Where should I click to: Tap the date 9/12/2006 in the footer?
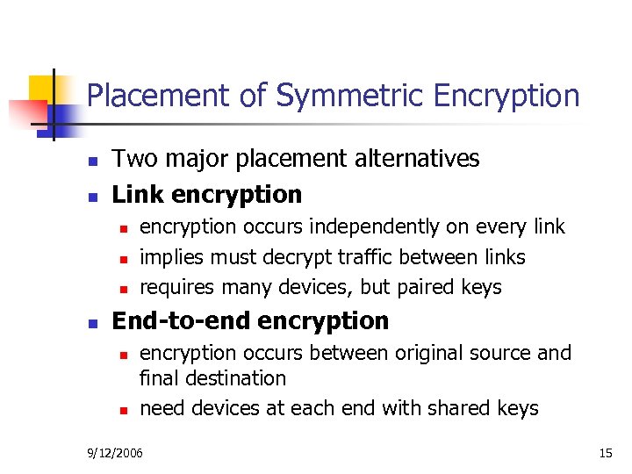(x=115, y=453)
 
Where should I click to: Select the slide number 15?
(x=605, y=453)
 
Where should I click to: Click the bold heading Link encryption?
(x=207, y=195)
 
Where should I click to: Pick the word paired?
(x=418, y=287)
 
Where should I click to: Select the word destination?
(x=233, y=378)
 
